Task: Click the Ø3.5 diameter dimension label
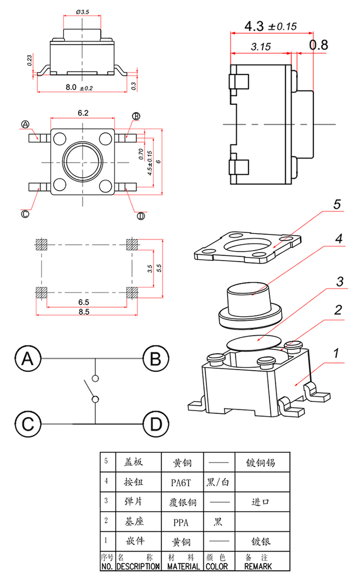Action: [x=83, y=11]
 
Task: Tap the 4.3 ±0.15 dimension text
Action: [x=270, y=26]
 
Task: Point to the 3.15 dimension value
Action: [x=261, y=47]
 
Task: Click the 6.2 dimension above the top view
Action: [x=83, y=113]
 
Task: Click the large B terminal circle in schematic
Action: [x=155, y=359]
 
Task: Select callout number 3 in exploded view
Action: [x=340, y=282]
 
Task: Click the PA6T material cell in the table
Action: [x=182, y=483]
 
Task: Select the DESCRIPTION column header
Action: [x=137, y=566]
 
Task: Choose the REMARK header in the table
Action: [x=258, y=566]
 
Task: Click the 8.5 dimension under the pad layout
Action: [x=84, y=312]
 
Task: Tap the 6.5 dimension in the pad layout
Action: [x=84, y=302]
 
